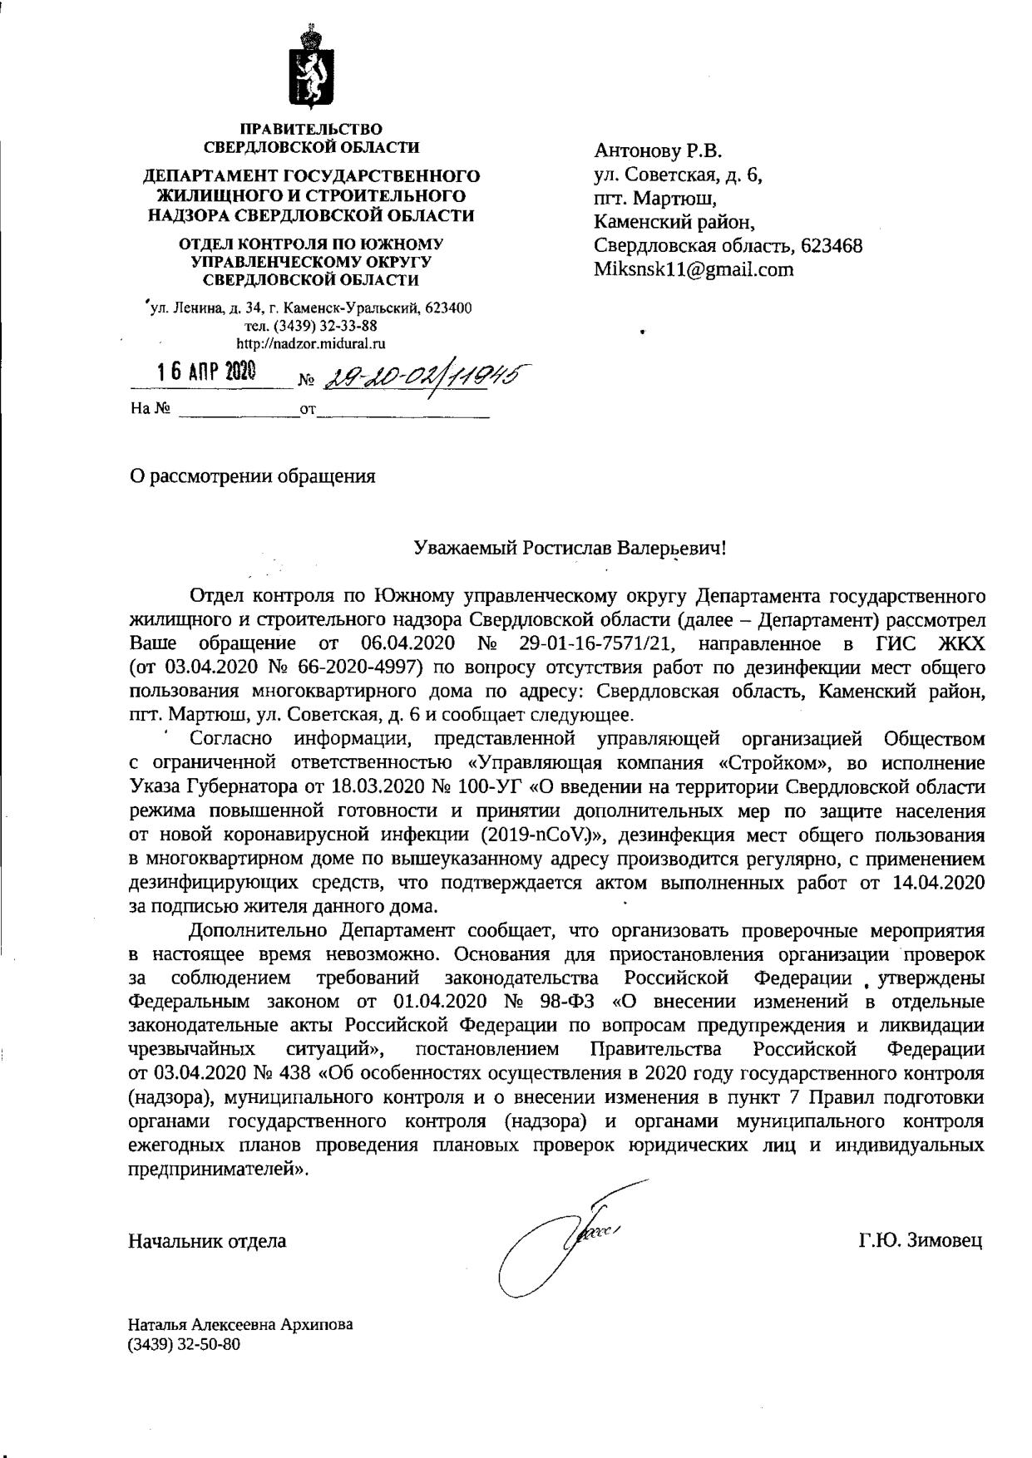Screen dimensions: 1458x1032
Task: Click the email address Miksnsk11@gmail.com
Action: coord(694,269)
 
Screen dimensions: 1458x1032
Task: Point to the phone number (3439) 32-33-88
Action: coord(311,326)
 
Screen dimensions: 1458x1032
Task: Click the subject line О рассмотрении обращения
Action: coord(252,476)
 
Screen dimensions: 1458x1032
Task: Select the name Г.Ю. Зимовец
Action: coord(921,1241)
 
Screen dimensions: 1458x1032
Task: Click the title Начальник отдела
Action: coord(207,1241)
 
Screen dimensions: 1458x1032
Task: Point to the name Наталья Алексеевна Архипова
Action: coord(239,1324)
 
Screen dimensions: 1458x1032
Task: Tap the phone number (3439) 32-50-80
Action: coord(184,1343)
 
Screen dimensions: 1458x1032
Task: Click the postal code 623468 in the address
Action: coord(831,246)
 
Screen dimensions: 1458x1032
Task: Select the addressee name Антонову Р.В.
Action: coord(658,151)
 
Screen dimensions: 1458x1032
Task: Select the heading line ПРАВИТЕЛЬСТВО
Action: coord(311,129)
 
